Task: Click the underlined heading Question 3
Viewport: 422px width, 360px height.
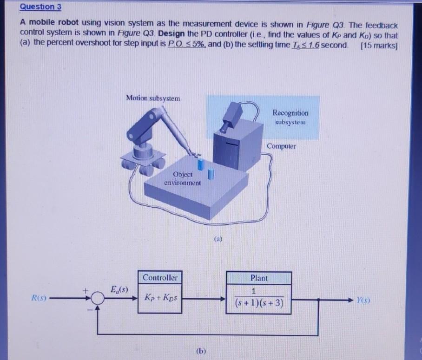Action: pos(40,7)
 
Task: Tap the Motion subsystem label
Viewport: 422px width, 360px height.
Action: pos(153,98)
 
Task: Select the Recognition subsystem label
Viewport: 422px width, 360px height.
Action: pos(290,117)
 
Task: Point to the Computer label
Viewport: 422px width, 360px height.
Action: pos(281,146)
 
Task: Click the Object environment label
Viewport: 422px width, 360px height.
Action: pos(183,179)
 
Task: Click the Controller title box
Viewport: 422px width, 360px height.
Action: pos(160,278)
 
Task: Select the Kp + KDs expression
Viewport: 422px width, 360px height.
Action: pos(159,297)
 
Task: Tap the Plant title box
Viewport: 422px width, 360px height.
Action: pos(259,278)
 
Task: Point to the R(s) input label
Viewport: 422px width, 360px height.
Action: pos(40,297)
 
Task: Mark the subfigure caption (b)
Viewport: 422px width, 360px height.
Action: pos(201,350)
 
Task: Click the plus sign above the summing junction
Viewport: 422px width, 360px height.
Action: pos(86,289)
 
